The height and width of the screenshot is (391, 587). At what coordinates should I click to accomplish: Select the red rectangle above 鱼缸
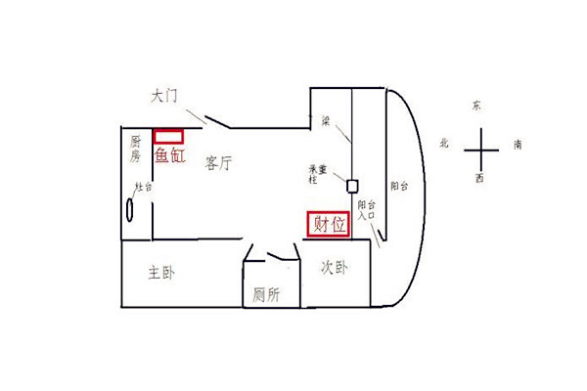click(168, 135)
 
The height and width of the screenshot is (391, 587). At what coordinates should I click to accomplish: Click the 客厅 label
click(218, 163)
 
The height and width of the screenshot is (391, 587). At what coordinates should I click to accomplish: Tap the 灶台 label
click(144, 188)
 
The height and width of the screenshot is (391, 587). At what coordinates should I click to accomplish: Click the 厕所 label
click(266, 293)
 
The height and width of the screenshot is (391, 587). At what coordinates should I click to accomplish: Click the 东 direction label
click(476, 104)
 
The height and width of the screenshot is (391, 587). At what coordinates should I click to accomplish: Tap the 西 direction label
click(478, 179)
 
